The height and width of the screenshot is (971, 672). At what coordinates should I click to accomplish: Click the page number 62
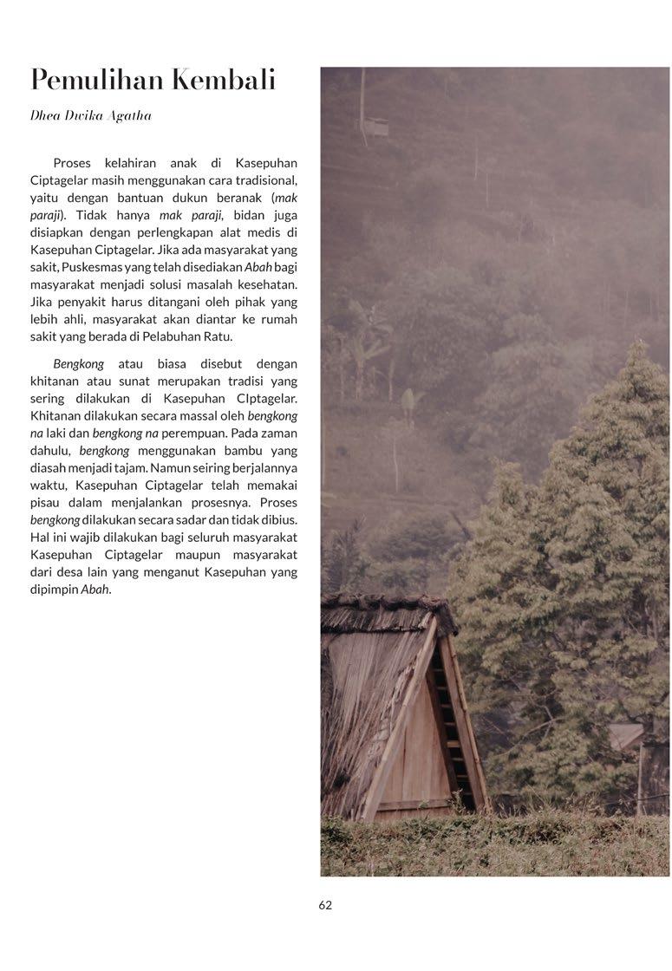click(x=325, y=905)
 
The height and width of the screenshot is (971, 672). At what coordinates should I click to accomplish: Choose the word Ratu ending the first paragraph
click(x=217, y=336)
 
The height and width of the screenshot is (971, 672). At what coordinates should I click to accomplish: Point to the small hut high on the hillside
click(x=375, y=126)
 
